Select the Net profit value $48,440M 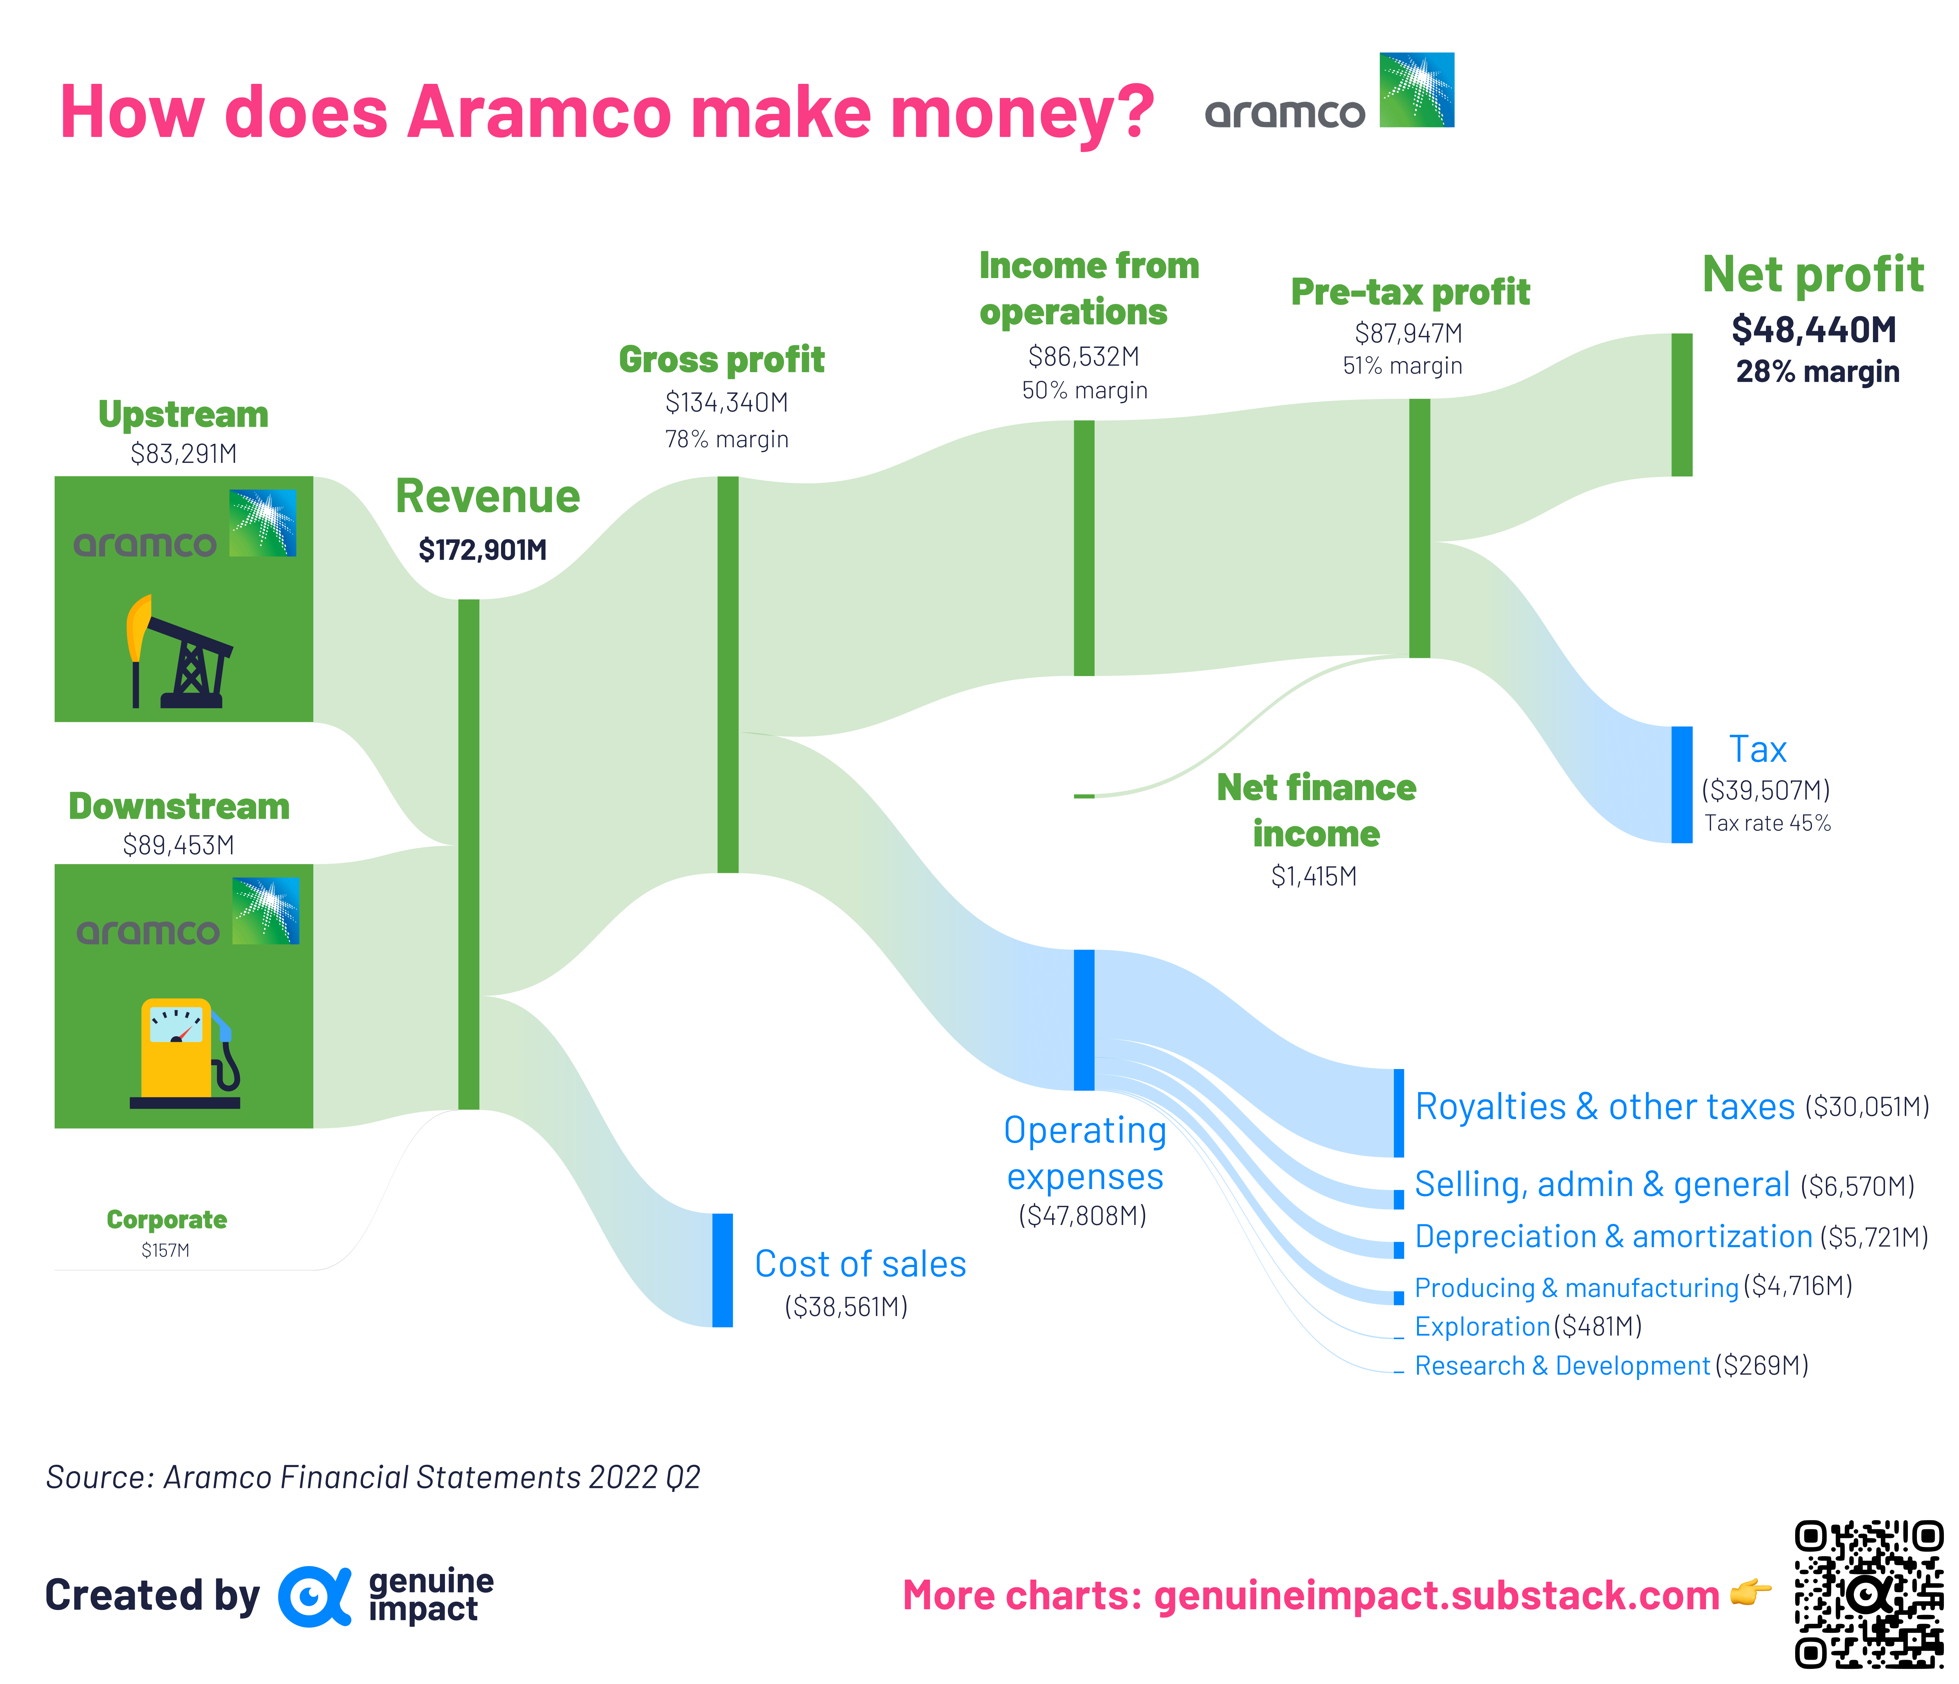pyautogui.click(x=1813, y=329)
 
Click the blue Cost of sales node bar pyautogui.click(x=722, y=1270)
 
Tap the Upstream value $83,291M pyautogui.click(x=184, y=454)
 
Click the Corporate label pyautogui.click(x=167, y=1220)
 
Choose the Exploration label pyautogui.click(x=1481, y=1327)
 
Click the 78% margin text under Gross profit pyautogui.click(x=726, y=439)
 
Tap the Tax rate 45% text pyautogui.click(x=1767, y=822)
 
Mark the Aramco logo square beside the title pyautogui.click(x=1416, y=90)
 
